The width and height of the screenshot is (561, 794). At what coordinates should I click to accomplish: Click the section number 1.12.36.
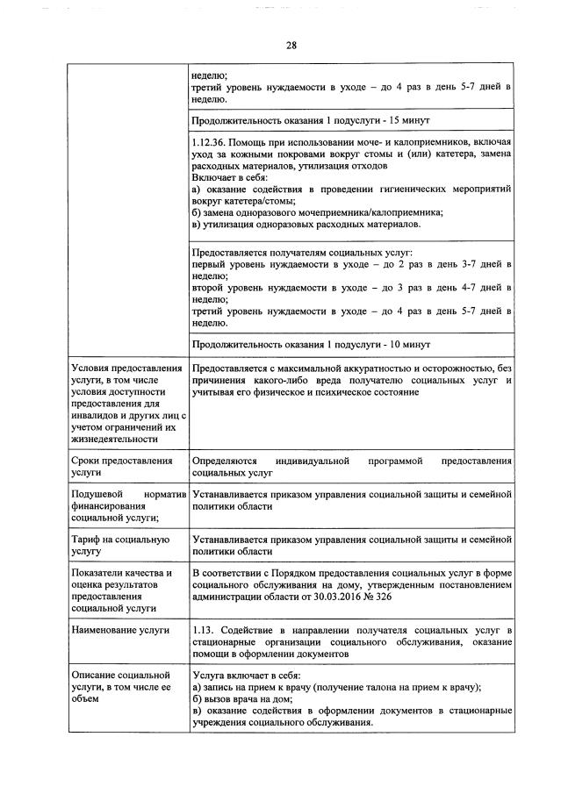[212, 141]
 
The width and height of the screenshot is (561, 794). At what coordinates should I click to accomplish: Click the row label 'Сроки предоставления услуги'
[122, 467]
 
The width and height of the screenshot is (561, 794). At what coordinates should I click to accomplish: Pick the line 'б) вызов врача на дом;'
[241, 698]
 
